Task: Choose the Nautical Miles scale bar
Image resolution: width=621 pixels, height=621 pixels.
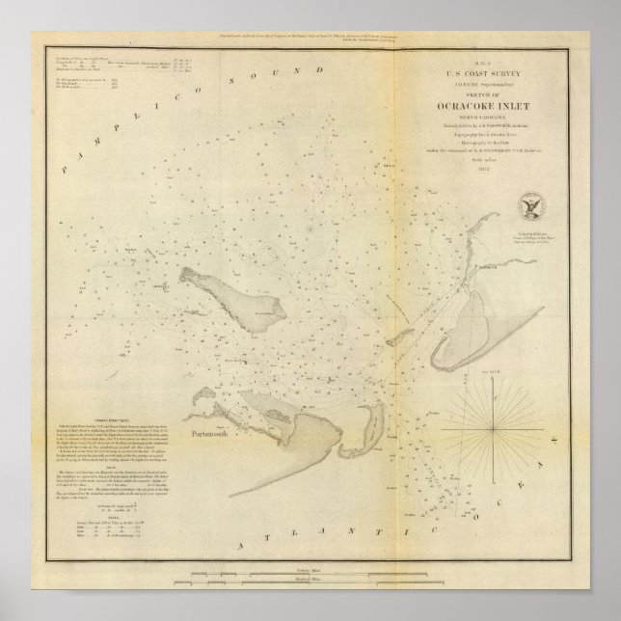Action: pos(310,589)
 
